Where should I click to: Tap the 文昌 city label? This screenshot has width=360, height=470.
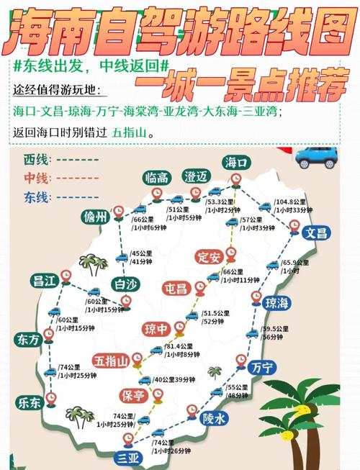click(x=315, y=233)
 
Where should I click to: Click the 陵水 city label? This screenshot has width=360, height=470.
click(x=214, y=417)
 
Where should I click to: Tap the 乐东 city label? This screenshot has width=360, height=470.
click(x=30, y=403)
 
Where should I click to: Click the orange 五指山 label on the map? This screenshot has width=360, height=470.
click(x=110, y=360)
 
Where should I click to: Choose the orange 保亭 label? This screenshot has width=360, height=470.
click(x=133, y=395)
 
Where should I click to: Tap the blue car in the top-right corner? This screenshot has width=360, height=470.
click(x=317, y=155)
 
